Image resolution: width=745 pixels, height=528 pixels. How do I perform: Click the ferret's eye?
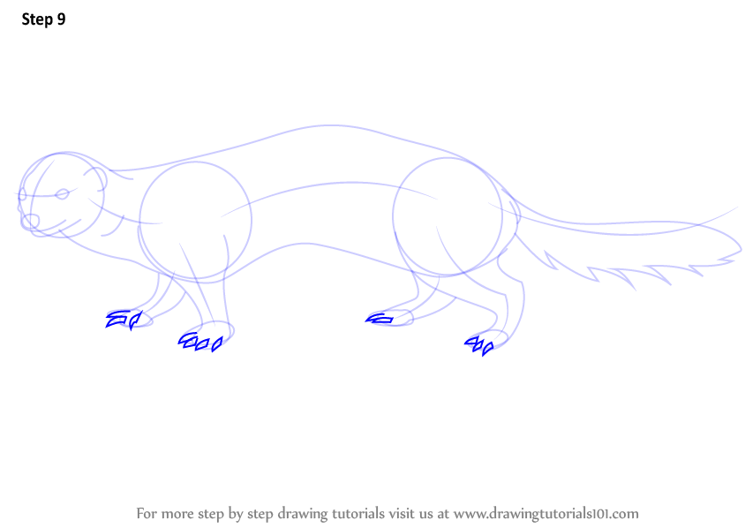click(62, 194)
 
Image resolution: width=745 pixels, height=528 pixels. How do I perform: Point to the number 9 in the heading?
click(61, 19)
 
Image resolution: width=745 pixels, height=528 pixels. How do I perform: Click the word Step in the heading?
click(37, 19)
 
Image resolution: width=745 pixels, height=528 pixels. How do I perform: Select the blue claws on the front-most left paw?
click(124, 320)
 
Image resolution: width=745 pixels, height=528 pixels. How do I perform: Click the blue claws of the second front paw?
click(200, 342)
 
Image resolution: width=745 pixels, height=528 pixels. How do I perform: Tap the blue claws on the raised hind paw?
click(380, 319)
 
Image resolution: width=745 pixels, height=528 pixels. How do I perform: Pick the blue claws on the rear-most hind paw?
click(479, 345)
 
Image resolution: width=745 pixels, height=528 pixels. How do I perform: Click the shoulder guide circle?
click(139, 220)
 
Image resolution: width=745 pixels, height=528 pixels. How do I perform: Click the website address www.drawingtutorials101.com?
click(546, 514)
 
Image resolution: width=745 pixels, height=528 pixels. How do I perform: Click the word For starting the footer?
click(147, 514)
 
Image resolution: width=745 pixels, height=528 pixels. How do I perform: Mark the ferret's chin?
click(47, 234)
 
